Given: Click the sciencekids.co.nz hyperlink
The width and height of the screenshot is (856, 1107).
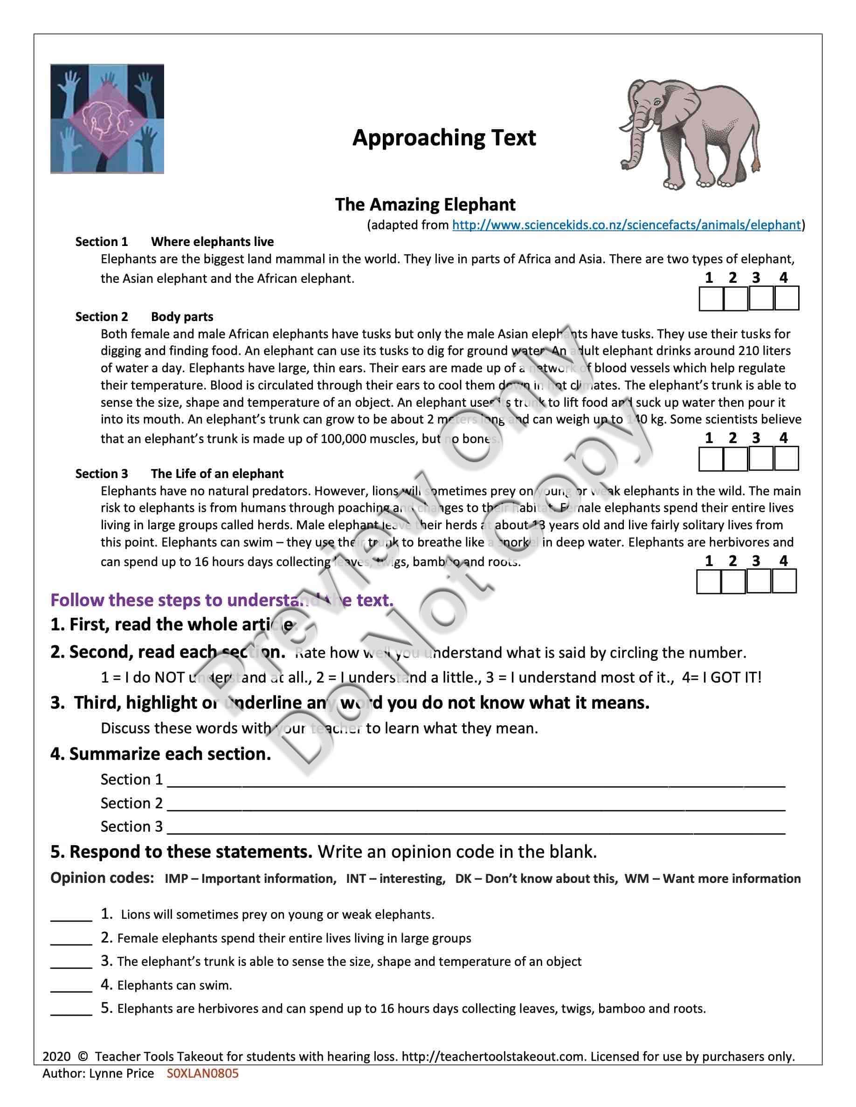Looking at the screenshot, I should pos(626,225).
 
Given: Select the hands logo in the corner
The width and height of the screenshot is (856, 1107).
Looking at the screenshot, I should pos(107,119).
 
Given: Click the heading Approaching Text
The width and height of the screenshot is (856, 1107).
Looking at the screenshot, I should pos(444,138).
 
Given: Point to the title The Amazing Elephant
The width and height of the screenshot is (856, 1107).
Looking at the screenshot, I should pos(425,205).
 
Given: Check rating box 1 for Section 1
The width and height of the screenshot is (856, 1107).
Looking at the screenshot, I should pos(711,299).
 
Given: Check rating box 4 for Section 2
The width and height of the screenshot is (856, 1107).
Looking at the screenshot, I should pos(787,459).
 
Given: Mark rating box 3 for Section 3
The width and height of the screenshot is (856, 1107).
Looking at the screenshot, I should pos(759,581).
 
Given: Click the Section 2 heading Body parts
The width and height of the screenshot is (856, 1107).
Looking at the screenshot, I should pos(182,317).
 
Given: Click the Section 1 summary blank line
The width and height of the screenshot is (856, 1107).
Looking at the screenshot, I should pos(476,781).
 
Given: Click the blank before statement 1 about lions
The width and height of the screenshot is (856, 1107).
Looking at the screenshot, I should pos(71,916).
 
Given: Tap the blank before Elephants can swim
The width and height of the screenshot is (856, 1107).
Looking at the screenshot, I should pos(71,986).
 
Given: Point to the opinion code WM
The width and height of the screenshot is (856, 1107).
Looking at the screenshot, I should pos(636,879).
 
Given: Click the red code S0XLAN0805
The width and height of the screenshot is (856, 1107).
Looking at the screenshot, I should pos(202,1073).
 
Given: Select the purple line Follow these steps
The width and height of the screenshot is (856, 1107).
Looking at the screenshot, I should pos(221,600).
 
